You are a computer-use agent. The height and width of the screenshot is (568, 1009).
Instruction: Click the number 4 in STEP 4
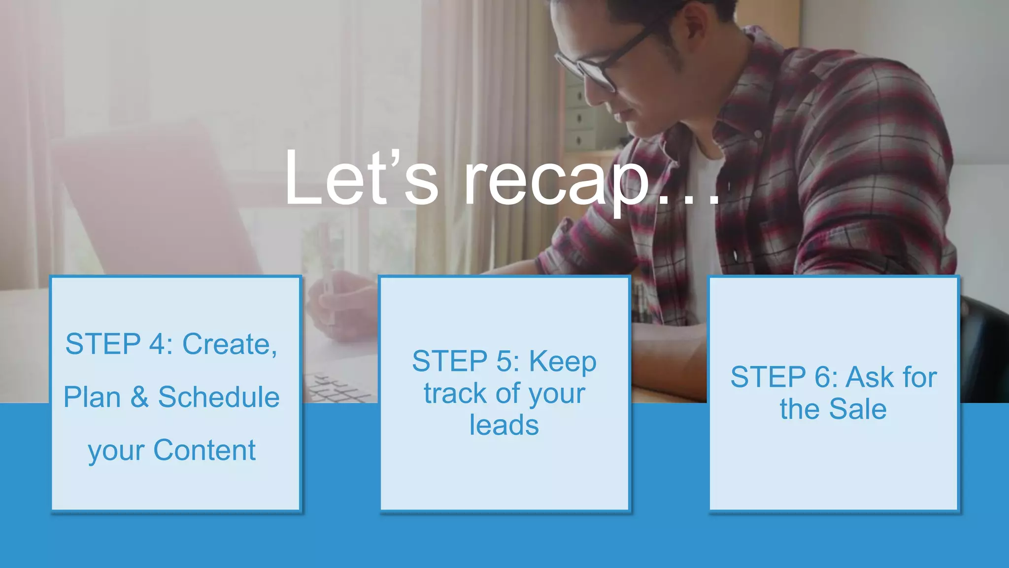pos(158,344)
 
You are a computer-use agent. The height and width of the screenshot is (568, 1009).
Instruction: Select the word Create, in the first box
pos(230,344)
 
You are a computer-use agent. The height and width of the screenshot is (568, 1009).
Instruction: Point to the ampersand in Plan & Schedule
pos(139,397)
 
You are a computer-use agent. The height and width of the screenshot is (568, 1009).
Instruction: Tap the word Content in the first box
pos(204,450)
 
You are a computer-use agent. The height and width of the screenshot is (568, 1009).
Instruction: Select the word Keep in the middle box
pos(563,362)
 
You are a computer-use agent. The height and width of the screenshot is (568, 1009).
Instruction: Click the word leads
pos(504,425)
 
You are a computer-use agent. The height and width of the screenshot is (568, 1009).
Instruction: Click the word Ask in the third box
pos(870,377)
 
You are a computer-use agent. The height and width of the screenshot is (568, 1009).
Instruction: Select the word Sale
pos(857,409)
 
